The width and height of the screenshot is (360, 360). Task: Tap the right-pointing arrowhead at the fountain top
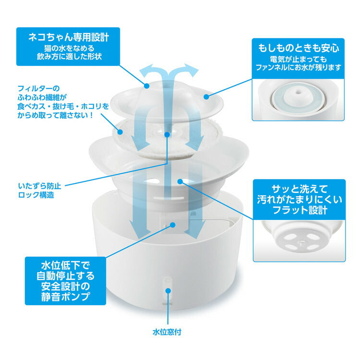pyautogui.click(x=194, y=71)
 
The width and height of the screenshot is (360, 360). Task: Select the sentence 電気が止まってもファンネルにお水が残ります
pyautogui.click(x=298, y=64)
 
